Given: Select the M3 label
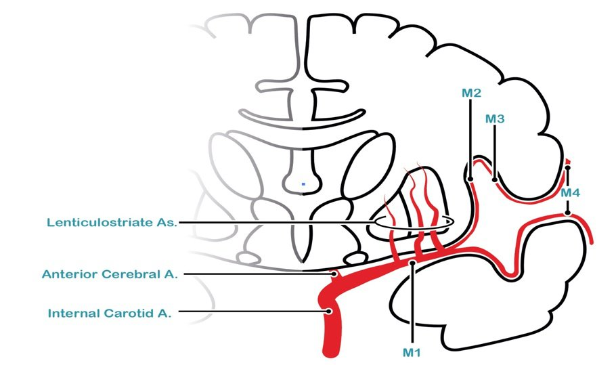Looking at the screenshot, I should [496, 119].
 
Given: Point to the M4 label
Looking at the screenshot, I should [571, 193].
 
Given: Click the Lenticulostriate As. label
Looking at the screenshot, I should [112, 222].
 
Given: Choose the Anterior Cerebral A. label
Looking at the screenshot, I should [110, 274].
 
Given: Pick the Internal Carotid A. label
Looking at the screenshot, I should [110, 313].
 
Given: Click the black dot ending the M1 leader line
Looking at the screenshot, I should [412, 263].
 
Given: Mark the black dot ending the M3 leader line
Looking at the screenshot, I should [496, 179].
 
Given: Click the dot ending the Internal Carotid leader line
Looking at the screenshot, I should [329, 312].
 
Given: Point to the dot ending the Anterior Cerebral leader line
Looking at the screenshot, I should [333, 274].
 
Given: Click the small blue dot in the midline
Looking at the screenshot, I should [304, 183].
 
